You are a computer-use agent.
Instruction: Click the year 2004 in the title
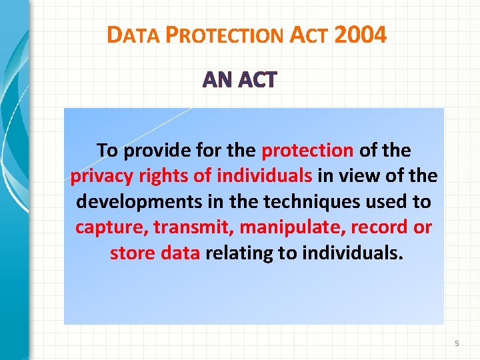[x=361, y=35]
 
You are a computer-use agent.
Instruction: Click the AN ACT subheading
[x=239, y=81]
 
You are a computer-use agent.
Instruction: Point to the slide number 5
[x=457, y=343]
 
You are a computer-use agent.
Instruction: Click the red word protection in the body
[x=307, y=151]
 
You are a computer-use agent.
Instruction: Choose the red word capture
[x=111, y=227]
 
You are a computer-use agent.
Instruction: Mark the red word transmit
[x=193, y=227]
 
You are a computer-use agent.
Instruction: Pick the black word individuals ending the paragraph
[x=353, y=253]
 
